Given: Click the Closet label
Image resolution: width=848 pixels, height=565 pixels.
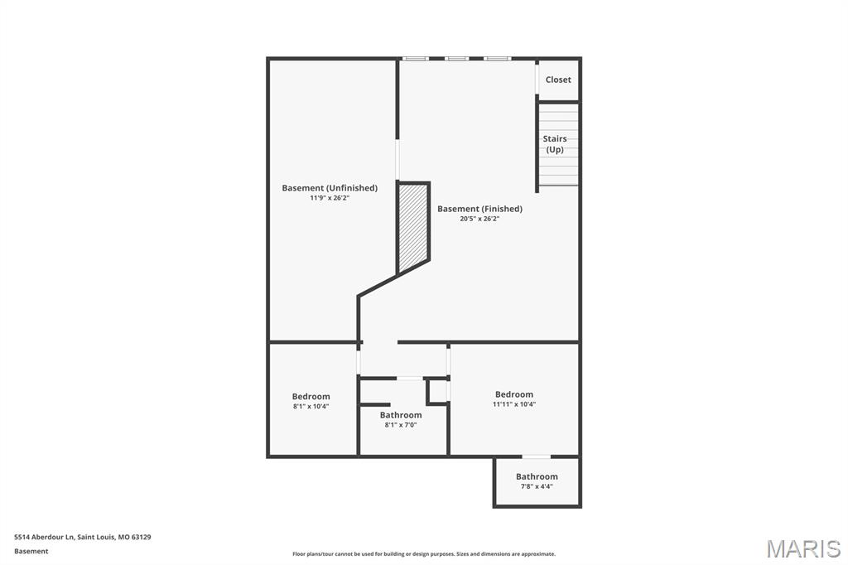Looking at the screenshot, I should pos(558,80).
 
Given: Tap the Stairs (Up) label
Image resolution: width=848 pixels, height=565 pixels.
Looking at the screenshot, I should pos(555,144).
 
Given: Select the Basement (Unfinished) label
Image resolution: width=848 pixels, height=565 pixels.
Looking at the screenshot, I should pos(330,188).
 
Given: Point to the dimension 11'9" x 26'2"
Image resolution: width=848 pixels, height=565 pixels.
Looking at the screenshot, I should pos(330,199).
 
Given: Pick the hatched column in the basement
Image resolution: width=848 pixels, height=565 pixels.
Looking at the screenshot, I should pos(413,228).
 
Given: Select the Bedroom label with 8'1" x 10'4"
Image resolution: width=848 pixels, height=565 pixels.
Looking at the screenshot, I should pos(311,396).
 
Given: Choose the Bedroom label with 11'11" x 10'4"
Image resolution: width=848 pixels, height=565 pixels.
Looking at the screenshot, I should pos(514,394).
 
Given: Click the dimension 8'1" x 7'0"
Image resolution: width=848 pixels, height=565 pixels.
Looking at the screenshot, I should pos(401,425).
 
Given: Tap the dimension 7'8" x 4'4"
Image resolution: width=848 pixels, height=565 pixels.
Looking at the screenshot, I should pos(537,486).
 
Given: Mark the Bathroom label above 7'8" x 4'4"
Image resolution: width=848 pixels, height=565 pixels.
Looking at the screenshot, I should pos(537,476).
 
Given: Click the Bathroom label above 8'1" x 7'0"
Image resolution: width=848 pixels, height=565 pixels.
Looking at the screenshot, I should pos(401,415).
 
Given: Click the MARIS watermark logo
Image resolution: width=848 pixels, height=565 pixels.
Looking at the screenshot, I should pos(803,548).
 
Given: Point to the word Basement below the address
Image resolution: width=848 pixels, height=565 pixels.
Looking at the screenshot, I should pos(31,551).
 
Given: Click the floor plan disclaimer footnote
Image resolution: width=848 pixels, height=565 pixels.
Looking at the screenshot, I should pos(423,554).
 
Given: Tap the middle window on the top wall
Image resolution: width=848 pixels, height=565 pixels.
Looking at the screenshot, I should pos(456,59).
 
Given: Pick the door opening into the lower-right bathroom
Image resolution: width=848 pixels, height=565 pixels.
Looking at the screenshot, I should pos(536,456).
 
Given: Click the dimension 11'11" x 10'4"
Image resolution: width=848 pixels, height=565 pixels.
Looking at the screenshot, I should pos(514,404).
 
